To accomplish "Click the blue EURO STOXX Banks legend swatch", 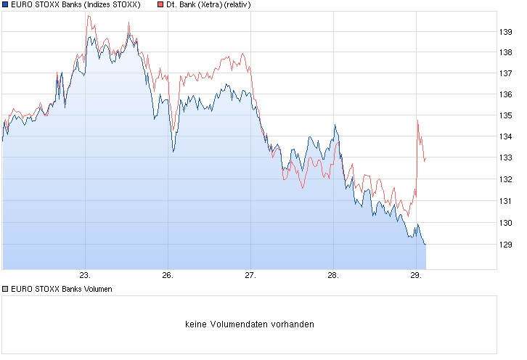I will point(5,5).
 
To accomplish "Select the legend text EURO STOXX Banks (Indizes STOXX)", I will point(75,5).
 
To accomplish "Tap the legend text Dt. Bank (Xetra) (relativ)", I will point(209,5).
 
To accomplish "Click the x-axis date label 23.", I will point(85,276).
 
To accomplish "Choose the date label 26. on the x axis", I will point(168,276).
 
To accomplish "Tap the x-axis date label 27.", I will point(250,276).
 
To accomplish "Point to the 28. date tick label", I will point(332,276).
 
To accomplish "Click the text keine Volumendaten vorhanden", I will point(250,324).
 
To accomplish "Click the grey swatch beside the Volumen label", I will point(5,289).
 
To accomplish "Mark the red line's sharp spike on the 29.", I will point(418,120).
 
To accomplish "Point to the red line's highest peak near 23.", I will point(87,15).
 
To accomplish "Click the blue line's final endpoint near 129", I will point(425,245).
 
